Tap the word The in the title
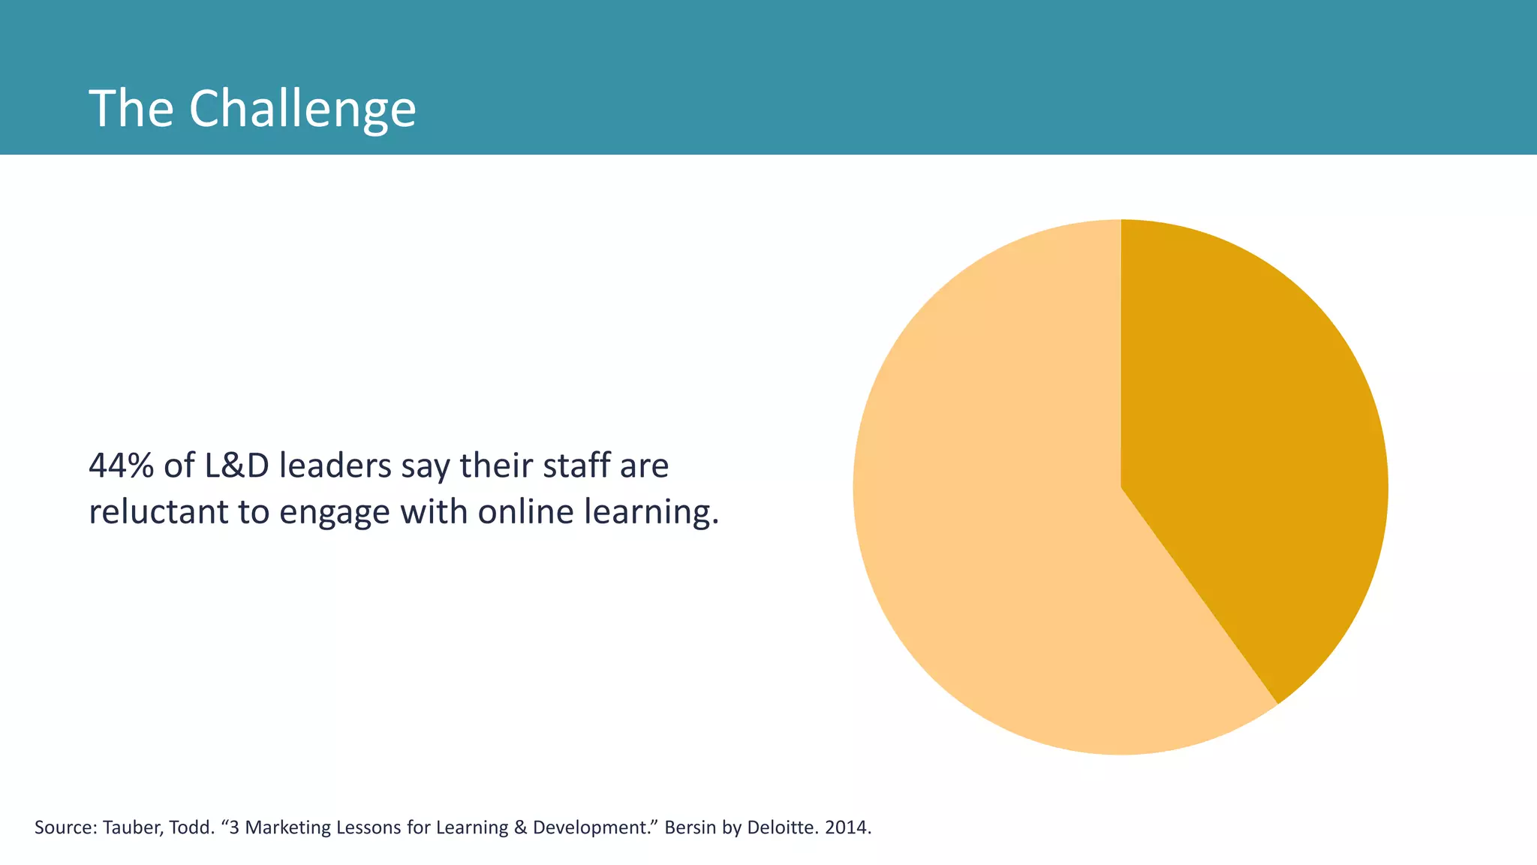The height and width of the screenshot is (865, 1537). [131, 110]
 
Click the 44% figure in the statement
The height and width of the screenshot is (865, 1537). [121, 466]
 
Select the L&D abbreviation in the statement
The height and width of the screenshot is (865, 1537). [236, 466]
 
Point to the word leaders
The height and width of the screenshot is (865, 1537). [335, 466]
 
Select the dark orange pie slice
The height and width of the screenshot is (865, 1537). [1261, 451]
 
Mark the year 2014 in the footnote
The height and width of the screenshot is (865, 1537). [846, 827]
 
